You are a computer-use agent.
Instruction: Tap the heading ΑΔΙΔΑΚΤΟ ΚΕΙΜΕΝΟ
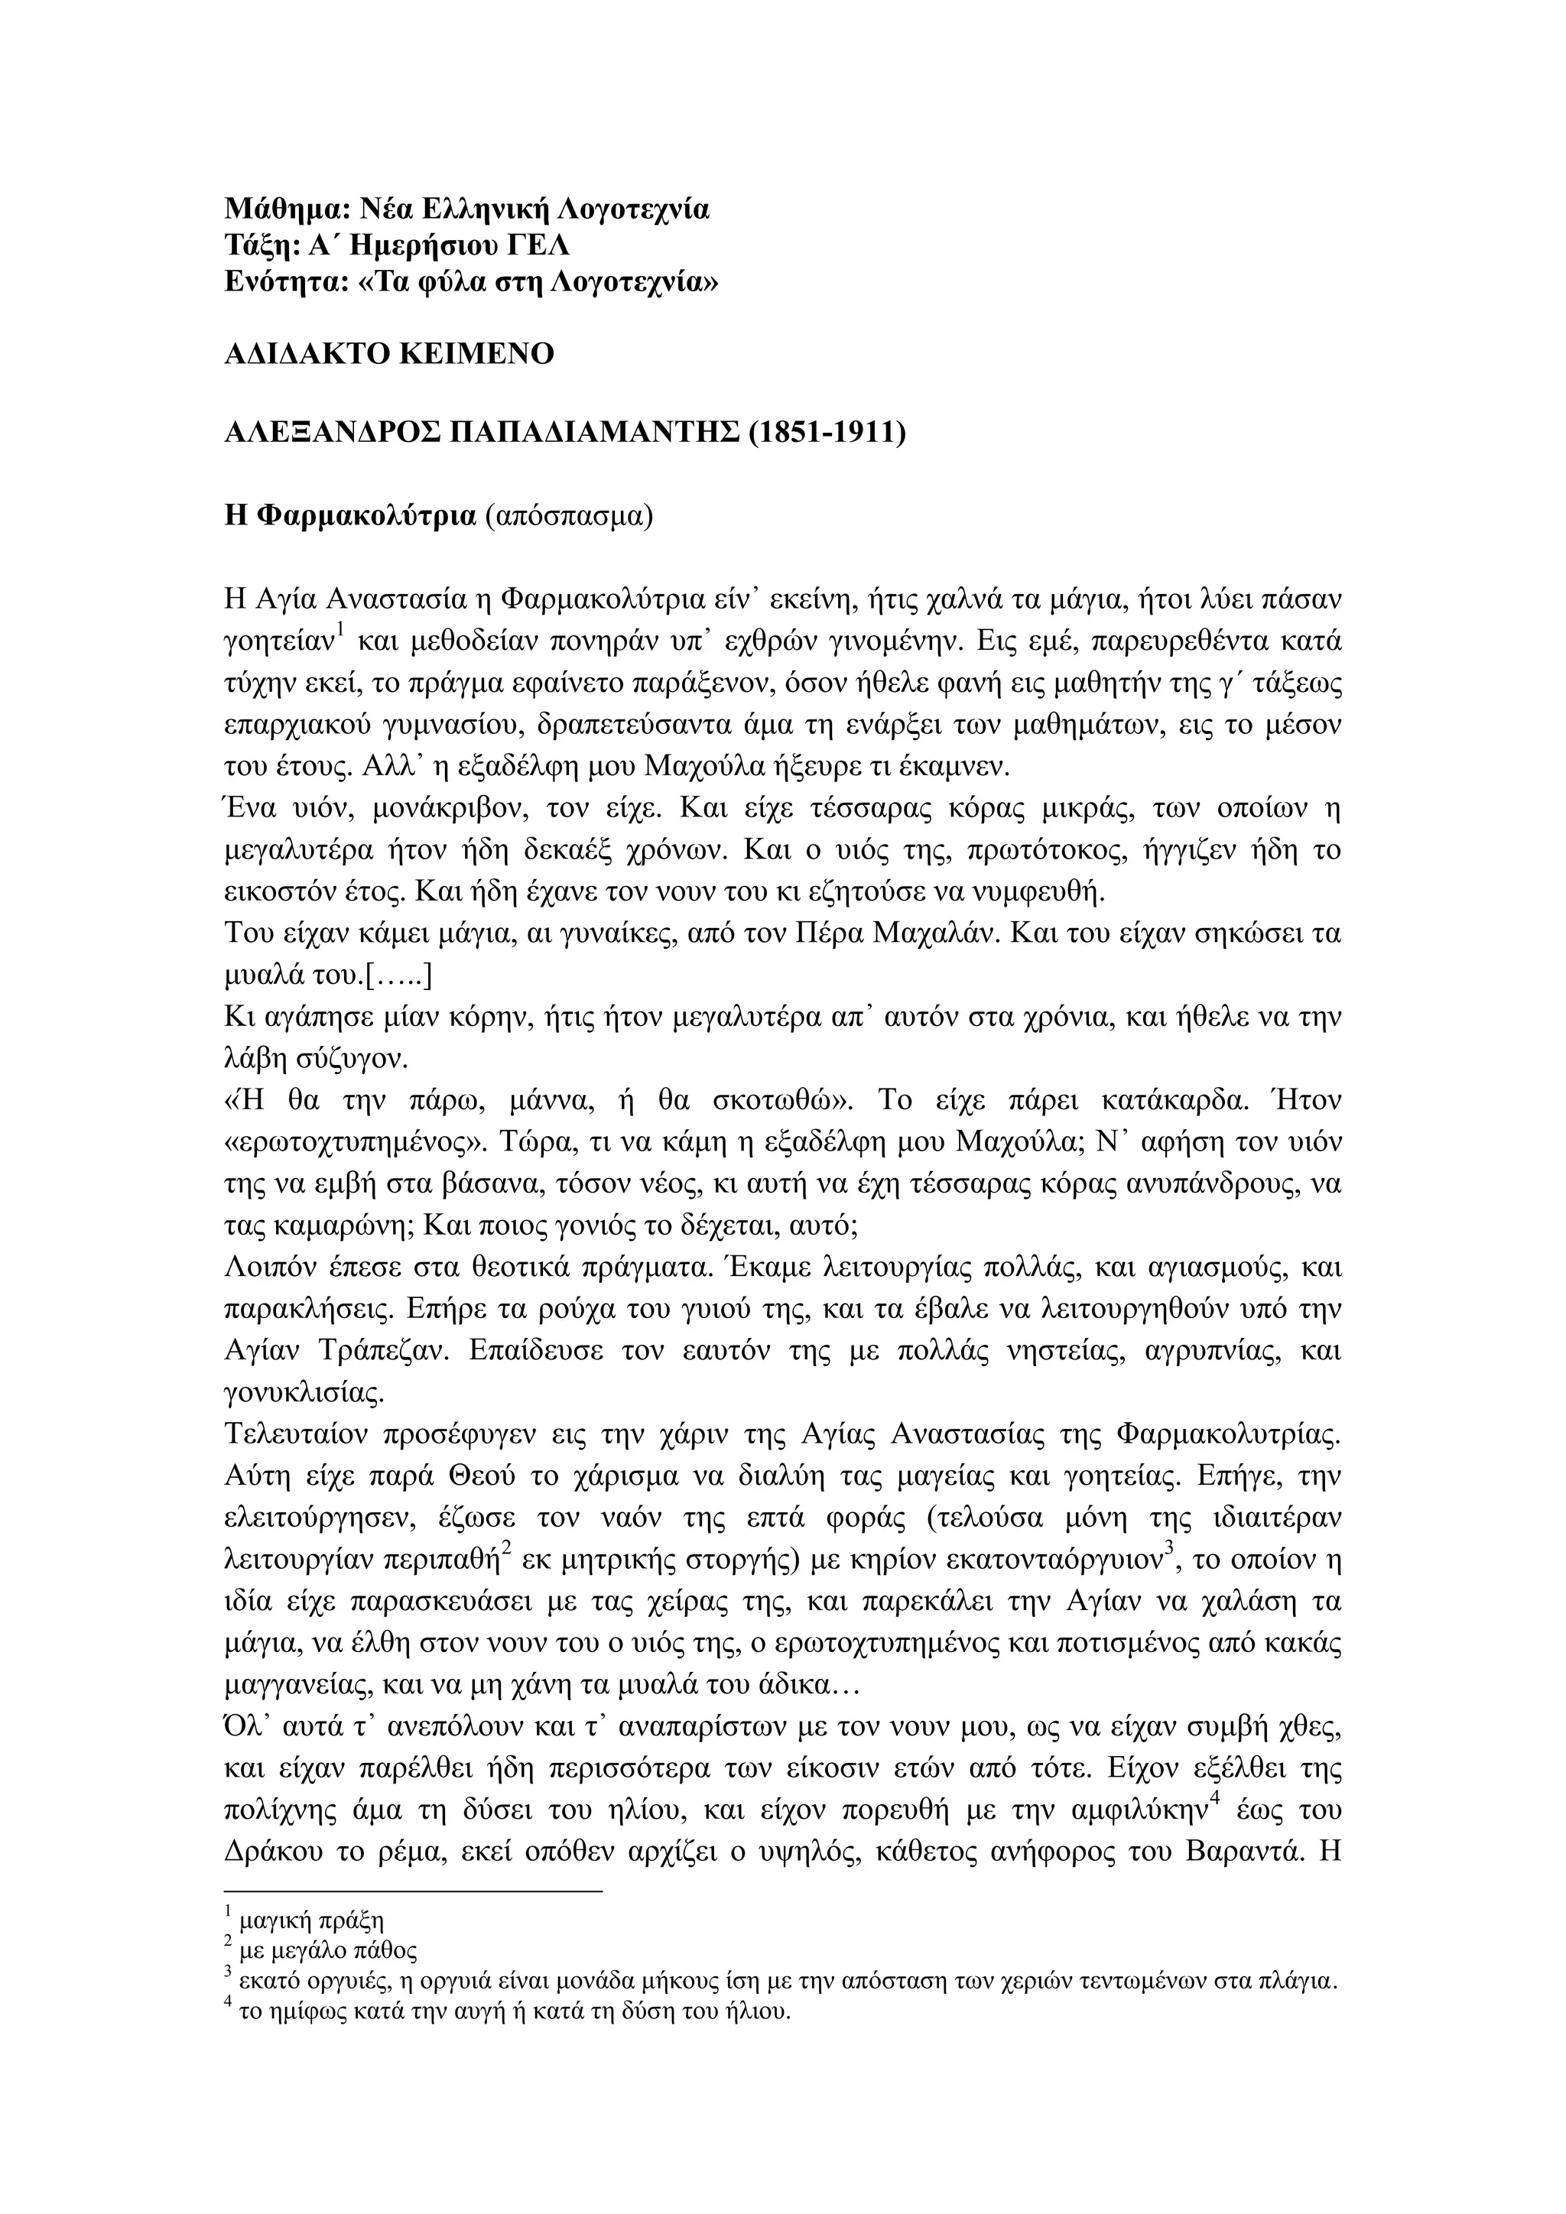[x=389, y=355]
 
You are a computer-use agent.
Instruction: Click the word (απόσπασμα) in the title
[x=569, y=516]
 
